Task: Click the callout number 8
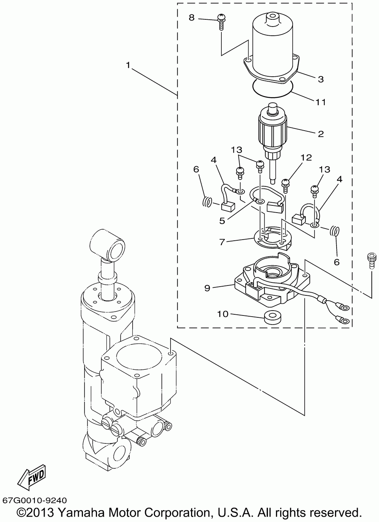[x=191, y=18]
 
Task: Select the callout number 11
[x=321, y=102]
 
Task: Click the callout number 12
[x=306, y=158]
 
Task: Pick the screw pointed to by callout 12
[x=285, y=186]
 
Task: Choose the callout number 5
[x=222, y=221]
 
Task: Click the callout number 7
[x=222, y=242]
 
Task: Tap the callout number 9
[x=207, y=288]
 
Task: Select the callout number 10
[x=222, y=314]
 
